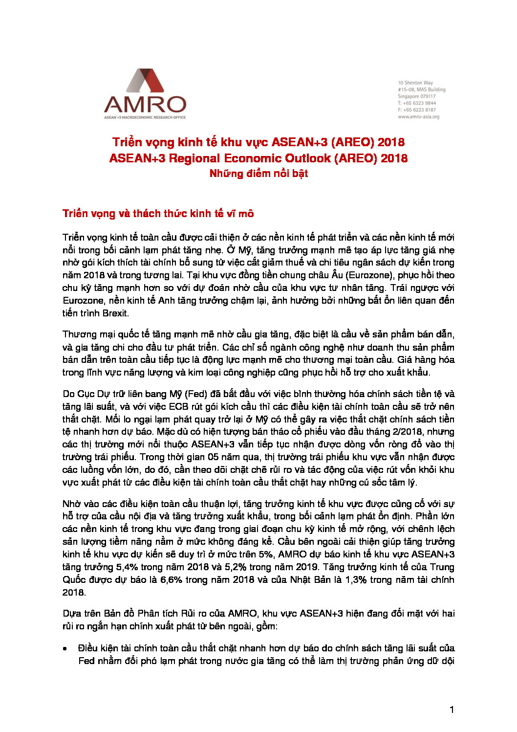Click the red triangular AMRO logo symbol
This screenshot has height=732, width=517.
pyautogui.click(x=145, y=81)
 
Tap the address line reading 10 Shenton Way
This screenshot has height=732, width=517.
pyautogui.click(x=415, y=83)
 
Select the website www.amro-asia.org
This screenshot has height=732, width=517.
pyautogui.click(x=418, y=117)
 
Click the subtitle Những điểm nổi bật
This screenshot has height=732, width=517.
pyautogui.click(x=258, y=174)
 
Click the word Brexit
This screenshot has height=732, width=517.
pyautogui.click(x=115, y=313)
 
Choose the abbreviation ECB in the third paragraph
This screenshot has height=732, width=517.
pyautogui.click(x=178, y=407)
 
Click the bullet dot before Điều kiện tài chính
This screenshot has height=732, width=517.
pyautogui.click(x=65, y=649)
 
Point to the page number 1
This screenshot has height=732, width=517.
pyautogui.click(x=452, y=710)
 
